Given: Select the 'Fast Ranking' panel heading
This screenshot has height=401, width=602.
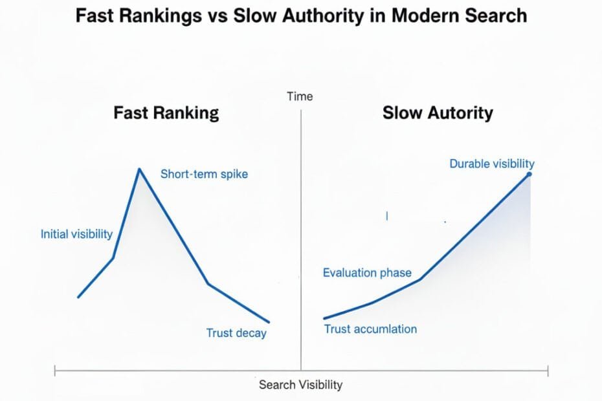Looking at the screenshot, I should [x=166, y=113].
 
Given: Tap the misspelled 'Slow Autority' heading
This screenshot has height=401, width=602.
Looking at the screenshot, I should [x=438, y=113].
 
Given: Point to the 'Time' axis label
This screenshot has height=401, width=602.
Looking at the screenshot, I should [x=300, y=96].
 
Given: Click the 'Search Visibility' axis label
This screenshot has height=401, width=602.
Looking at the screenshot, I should [x=300, y=385].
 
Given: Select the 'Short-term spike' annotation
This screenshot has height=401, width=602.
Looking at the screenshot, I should [x=204, y=174].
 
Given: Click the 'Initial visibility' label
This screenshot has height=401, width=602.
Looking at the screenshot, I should [x=76, y=234].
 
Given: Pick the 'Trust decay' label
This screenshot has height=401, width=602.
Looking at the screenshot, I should [x=236, y=333].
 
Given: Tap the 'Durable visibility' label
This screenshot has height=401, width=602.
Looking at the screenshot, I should [x=492, y=164].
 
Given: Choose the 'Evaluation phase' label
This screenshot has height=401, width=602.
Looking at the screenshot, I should [x=367, y=273].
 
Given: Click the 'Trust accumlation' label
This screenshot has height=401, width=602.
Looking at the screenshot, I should [x=370, y=329].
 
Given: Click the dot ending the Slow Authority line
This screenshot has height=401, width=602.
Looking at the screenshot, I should [x=530, y=174].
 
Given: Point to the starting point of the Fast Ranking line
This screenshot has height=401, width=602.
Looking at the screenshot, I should [x=78, y=297].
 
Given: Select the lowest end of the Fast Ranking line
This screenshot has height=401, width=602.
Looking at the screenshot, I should [x=268, y=321].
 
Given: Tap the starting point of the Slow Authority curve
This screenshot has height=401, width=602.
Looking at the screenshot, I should [x=324, y=318].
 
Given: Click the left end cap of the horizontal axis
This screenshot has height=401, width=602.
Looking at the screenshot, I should [x=55, y=371].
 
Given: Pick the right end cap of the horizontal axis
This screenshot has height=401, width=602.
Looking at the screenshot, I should [x=548, y=371].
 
